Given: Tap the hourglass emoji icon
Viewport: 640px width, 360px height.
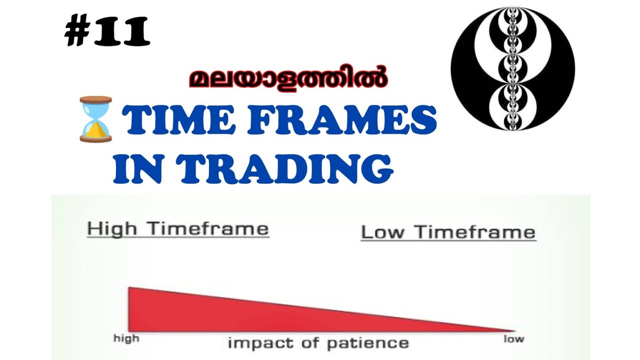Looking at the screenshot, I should tap(95, 119).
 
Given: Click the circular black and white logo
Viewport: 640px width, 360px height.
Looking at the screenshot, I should tap(512, 68).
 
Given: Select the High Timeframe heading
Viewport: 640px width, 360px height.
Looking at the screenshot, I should tap(178, 229).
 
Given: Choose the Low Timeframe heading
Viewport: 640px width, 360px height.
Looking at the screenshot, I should tap(448, 232).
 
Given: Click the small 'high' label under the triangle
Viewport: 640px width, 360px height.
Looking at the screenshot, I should tap(126, 338).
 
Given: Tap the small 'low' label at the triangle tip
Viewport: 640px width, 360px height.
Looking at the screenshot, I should tap(513, 339).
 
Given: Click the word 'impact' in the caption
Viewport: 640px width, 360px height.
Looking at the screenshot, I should tap(256, 343).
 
